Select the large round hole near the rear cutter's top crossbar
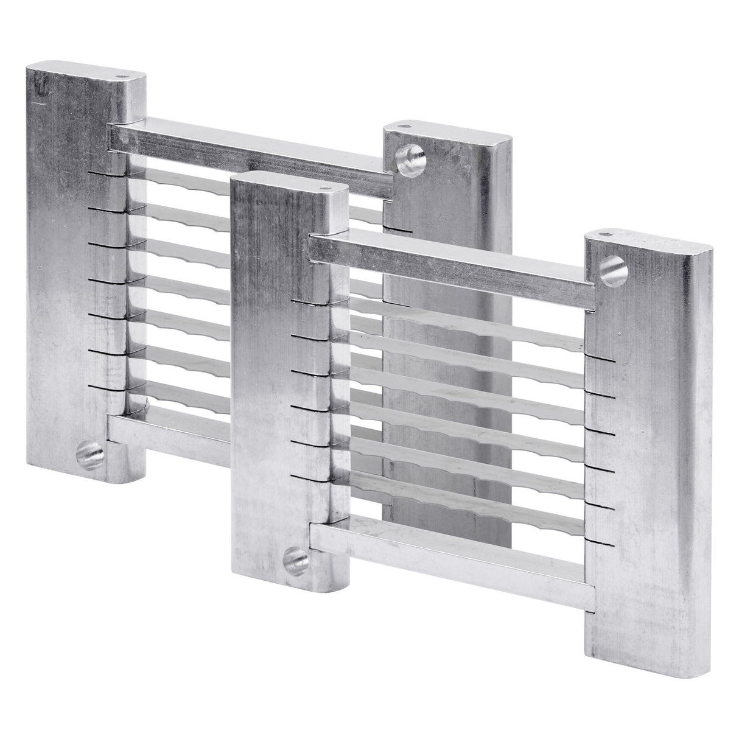tap(406, 160)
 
